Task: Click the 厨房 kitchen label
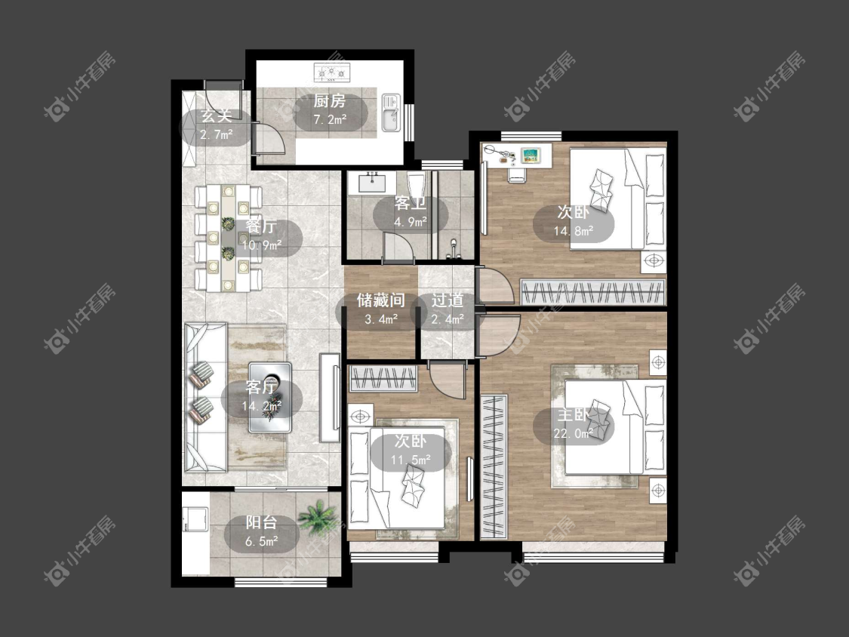[x=329, y=101]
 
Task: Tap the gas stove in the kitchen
[x=332, y=71]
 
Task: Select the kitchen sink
[x=391, y=112]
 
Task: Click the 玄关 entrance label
[x=216, y=116]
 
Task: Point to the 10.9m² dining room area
[x=262, y=245]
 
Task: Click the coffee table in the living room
[x=269, y=397]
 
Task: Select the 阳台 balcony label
[x=262, y=523]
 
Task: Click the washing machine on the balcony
[x=195, y=519]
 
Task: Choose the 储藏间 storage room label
[x=380, y=300]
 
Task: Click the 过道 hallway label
[x=448, y=300]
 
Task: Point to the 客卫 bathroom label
[x=410, y=203]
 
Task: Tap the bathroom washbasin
[x=371, y=182]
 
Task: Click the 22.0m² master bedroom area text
[x=574, y=433]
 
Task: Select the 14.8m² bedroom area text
[x=574, y=231]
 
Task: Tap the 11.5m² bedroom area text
[x=411, y=460]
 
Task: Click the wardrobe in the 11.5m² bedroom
[x=383, y=378]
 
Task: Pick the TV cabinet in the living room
[x=329, y=397]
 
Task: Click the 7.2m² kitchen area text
[x=330, y=120]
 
